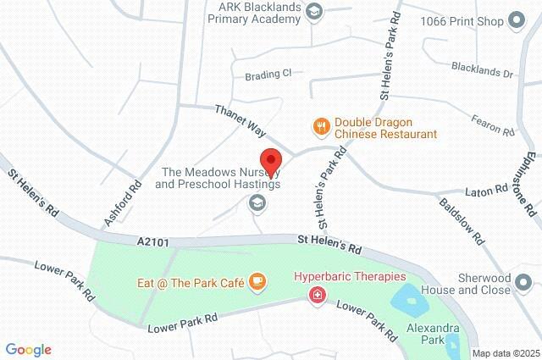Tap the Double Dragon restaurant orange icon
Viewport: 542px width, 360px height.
click(x=320, y=127)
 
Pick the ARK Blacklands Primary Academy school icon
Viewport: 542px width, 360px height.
click(x=315, y=11)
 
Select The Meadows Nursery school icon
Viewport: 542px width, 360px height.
click(x=256, y=202)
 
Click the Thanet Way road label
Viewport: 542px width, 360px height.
click(x=241, y=122)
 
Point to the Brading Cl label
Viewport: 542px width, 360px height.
click(x=268, y=74)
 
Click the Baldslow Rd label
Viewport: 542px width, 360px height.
click(x=461, y=219)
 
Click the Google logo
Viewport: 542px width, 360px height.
click(x=28, y=349)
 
